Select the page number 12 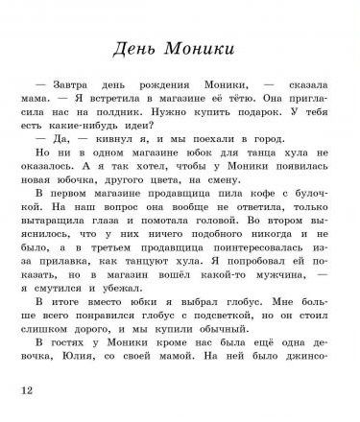pos(26,389)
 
